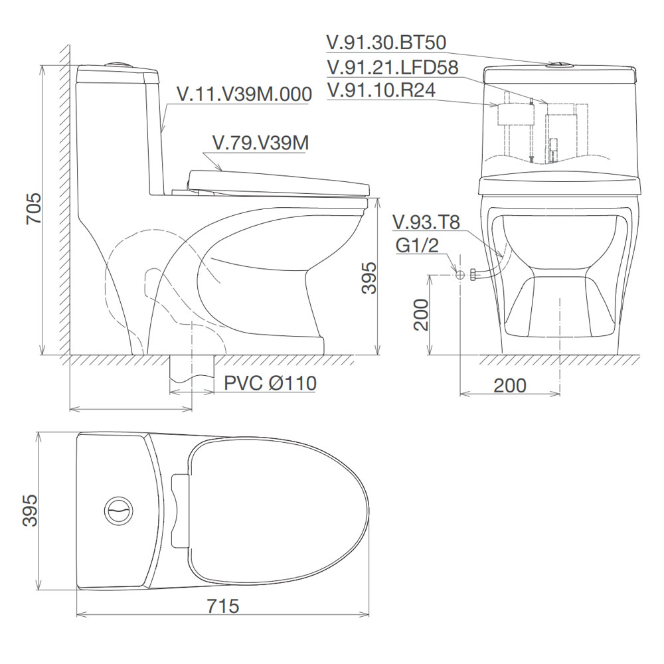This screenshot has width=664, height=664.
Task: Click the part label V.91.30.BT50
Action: pos(386,42)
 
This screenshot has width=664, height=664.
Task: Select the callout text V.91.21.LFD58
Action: pos(392,67)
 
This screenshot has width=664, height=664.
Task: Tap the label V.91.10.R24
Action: pos(380,90)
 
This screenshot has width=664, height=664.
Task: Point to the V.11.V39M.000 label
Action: pos(244,94)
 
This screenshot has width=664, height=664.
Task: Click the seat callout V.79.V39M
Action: pos(260,143)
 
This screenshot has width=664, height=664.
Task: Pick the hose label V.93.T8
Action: pos(426,222)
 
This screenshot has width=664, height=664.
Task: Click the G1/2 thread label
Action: pos(417,245)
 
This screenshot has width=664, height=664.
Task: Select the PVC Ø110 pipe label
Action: pos(270,383)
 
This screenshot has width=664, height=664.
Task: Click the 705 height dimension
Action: pos(34,208)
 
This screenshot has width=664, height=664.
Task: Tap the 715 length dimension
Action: pos(223,606)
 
